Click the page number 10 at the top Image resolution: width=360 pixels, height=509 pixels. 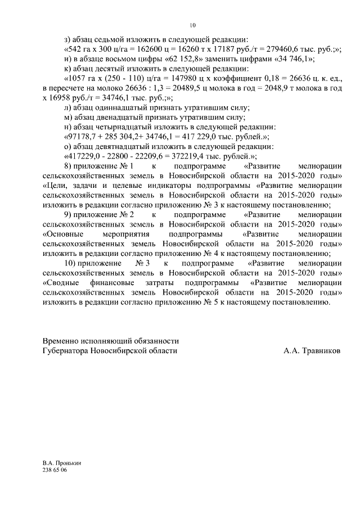click(192, 25)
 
